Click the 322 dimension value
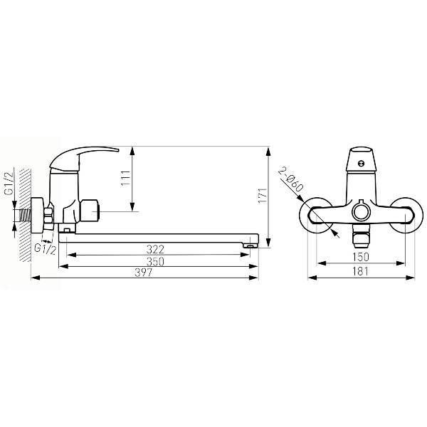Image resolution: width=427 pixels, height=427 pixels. (155, 249)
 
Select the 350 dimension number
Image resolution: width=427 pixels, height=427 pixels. (155, 261)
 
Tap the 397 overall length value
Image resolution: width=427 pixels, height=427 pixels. (144, 273)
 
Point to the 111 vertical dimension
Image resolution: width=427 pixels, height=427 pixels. (125, 179)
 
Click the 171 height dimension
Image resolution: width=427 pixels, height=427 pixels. (263, 195)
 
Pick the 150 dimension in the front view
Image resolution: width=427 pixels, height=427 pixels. (361, 257)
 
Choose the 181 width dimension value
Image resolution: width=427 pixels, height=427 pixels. (361, 272)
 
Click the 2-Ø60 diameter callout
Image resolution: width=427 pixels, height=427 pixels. (291, 180)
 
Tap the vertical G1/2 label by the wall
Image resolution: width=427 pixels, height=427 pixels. (9, 184)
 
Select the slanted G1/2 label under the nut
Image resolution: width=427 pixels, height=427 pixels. (46, 249)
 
